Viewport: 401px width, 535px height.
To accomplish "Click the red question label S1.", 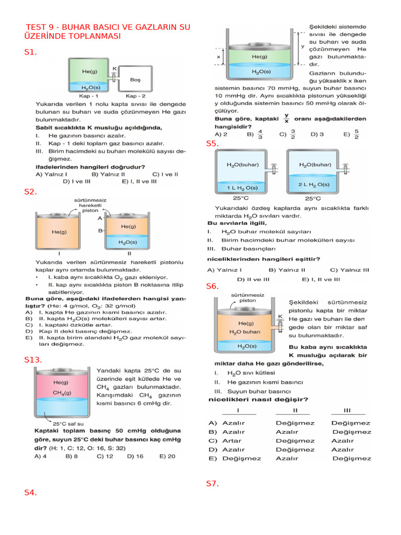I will pyautogui.click(x=31, y=52).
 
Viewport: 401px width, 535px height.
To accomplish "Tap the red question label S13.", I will pyautogui.click(x=33, y=359).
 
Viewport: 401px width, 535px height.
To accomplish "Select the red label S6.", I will pyautogui.click(x=213, y=286).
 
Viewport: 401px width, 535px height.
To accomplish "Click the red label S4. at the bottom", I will pyautogui.click(x=31, y=492).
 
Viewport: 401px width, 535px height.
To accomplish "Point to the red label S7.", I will pyautogui.click(x=213, y=484).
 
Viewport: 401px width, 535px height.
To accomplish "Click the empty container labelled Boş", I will pyautogui.click(x=136, y=79).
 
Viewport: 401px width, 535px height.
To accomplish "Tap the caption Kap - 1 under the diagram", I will pyautogui.click(x=88, y=97).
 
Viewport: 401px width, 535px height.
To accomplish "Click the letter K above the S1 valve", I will pyautogui.click(x=114, y=68).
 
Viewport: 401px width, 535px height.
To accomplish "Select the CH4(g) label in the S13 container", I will pyautogui.click(x=62, y=392).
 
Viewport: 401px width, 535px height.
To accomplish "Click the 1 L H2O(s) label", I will pyautogui.click(x=242, y=187).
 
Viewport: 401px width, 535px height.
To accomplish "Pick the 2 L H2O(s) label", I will pyautogui.click(x=313, y=184).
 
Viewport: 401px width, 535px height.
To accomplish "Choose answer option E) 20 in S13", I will pyautogui.click(x=168, y=456).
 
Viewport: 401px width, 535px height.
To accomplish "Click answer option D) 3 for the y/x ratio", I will pyautogui.click(x=317, y=134).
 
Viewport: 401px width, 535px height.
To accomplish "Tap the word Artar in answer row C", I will pyautogui.click(x=232, y=440).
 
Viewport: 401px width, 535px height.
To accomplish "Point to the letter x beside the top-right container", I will pyautogui.click(x=218, y=56).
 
